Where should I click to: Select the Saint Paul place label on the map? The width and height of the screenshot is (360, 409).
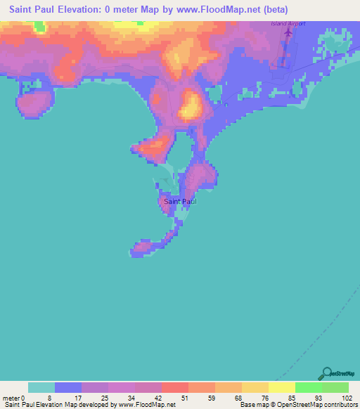click(179, 202)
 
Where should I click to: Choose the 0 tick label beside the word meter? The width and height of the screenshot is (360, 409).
click(23, 397)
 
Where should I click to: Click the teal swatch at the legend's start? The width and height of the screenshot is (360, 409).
click(41, 387)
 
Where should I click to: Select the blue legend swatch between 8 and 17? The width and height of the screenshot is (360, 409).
click(68, 387)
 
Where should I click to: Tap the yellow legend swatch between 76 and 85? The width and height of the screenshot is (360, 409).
click(282, 387)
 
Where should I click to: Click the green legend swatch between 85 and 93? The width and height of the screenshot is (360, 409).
click(309, 387)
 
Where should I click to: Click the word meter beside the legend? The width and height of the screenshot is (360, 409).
click(11, 397)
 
